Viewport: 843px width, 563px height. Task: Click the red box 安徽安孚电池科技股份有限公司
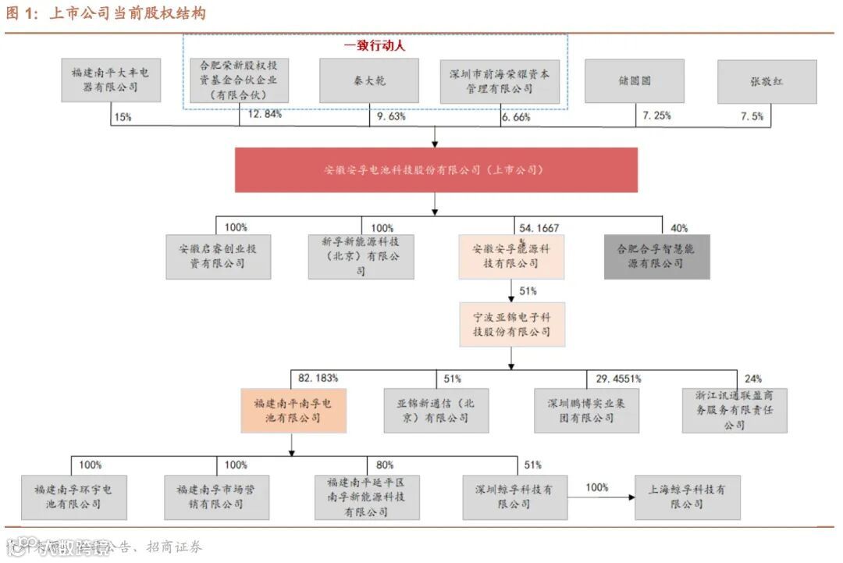coord(436,169)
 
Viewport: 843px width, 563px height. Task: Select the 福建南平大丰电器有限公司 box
coord(111,80)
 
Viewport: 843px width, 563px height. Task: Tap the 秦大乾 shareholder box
coord(370,81)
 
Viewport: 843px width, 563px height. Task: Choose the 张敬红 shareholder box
coord(767,81)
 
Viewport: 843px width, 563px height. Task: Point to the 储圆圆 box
coord(634,81)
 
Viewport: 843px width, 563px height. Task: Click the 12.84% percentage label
coord(265,115)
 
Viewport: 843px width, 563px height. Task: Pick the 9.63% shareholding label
coord(392,116)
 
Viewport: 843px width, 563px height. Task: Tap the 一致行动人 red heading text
coord(375,46)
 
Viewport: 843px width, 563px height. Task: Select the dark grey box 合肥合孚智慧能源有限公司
coord(656,257)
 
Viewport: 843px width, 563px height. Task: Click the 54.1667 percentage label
coord(539,227)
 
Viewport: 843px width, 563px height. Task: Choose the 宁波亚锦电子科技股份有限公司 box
coord(512,325)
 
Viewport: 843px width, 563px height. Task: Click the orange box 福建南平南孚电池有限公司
coord(293,411)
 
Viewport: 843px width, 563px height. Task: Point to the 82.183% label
coord(318,378)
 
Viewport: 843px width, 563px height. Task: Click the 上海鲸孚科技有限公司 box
coord(687,497)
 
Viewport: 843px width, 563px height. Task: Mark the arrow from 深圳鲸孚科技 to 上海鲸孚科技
coord(600,497)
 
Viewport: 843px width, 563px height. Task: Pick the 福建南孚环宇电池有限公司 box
coord(73,497)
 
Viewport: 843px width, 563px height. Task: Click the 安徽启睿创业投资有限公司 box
coord(218,257)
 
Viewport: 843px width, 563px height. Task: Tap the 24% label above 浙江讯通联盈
coord(754,378)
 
